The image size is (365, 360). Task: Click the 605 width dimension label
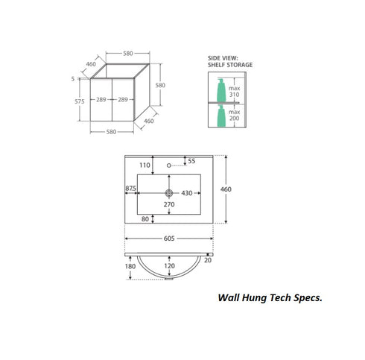coord(169,239)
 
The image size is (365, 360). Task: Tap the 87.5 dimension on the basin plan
coord(130,189)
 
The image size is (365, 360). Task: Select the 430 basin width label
coord(187,193)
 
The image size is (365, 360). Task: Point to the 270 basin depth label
coord(169,204)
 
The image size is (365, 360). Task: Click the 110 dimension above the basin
coord(145,165)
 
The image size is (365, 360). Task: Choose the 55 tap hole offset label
coord(191,161)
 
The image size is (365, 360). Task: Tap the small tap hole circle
coord(169,165)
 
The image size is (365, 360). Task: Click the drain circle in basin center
coord(169,193)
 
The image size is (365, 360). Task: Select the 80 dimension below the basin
coord(145,219)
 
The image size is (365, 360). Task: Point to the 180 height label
coord(130,267)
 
